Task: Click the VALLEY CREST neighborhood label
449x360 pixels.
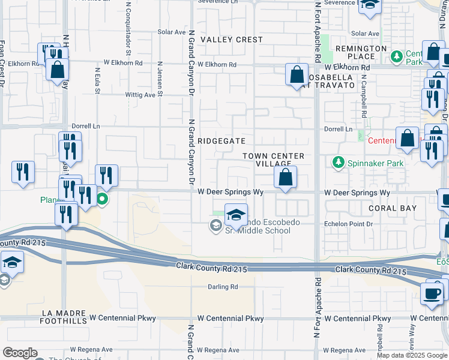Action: [x=232, y=40]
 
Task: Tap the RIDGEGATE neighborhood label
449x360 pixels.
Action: [x=223, y=140]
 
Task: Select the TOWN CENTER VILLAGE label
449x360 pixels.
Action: [x=273, y=160]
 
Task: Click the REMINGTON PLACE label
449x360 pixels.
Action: [x=361, y=52]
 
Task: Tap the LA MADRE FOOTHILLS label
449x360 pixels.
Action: [x=64, y=317]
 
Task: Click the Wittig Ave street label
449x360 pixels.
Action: [x=140, y=95]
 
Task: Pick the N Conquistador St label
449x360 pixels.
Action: [x=128, y=24]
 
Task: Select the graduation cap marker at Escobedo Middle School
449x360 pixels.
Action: [x=237, y=215]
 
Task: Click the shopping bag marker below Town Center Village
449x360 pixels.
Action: [x=286, y=178]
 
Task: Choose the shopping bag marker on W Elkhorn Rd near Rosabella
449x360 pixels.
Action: [x=297, y=76]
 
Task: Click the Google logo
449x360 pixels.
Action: [x=20, y=353]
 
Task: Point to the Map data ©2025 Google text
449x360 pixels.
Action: [x=412, y=355]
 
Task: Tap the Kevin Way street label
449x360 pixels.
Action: [x=412, y=334]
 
